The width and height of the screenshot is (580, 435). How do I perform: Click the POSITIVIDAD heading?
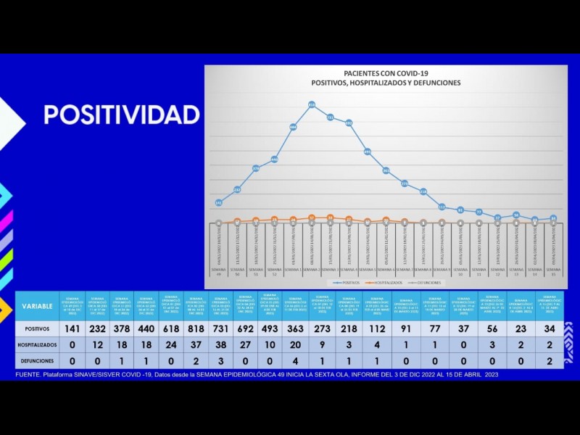pyautogui.click(x=121, y=115)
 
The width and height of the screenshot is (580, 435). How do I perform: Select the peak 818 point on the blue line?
pyautogui.click(x=312, y=105)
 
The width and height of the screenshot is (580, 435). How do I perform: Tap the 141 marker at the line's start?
pyautogui.click(x=219, y=203)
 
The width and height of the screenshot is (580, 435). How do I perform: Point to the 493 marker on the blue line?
pyautogui.click(x=368, y=152)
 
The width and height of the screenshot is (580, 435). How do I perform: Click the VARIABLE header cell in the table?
pyautogui.click(x=37, y=306)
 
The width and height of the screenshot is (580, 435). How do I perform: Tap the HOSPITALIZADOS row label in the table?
pyautogui.click(x=37, y=344)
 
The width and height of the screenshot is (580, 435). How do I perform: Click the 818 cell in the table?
pyautogui.click(x=196, y=328)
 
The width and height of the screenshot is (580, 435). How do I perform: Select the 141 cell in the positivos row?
pyautogui.click(x=72, y=328)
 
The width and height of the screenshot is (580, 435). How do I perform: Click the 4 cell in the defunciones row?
pyautogui.click(x=296, y=360)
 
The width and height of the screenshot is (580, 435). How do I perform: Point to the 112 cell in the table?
pyautogui.click(x=376, y=328)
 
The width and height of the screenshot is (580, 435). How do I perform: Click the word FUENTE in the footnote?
pyautogui.click(x=29, y=375)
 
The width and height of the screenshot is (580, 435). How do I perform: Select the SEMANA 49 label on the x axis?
pyautogui.click(x=219, y=270)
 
